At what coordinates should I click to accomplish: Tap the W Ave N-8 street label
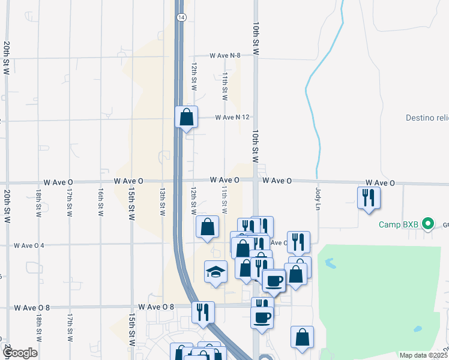225,55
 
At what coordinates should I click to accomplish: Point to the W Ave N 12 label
232,117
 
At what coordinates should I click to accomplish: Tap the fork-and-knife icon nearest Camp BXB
367,197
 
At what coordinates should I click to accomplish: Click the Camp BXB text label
398,225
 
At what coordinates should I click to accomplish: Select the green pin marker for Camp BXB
427,225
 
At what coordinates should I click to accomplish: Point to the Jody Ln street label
318,199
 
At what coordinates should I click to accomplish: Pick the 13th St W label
163,201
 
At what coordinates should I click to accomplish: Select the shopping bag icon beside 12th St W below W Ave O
206,227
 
